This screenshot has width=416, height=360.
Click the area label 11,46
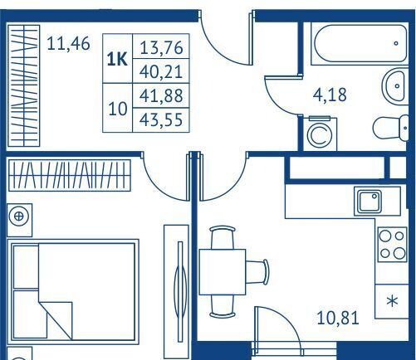coord(68,44)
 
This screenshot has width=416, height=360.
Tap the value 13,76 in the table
coord(161,47)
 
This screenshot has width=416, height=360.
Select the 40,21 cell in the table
coord(161,71)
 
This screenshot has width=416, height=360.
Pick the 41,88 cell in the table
coord(161,95)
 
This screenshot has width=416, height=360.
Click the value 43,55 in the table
coord(161,119)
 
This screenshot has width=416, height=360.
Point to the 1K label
coord(117,59)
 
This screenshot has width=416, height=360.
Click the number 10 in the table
coord(118,109)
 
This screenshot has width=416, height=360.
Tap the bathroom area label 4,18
coord(330,95)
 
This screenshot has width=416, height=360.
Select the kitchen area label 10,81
coord(338,318)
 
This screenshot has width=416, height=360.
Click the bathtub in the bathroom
coord(360,44)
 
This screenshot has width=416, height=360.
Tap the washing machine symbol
coord(320,134)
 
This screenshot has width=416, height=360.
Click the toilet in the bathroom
coord(391,129)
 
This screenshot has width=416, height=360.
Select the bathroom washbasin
coord(395,86)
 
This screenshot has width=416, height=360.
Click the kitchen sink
coord(370,202)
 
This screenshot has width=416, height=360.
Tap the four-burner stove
coord(392,245)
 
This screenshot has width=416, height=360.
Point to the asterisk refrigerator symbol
coord(392,301)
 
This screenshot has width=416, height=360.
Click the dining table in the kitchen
coord(223,272)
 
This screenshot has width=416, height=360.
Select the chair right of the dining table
coord(257,272)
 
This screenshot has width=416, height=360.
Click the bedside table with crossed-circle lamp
coord(19,220)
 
